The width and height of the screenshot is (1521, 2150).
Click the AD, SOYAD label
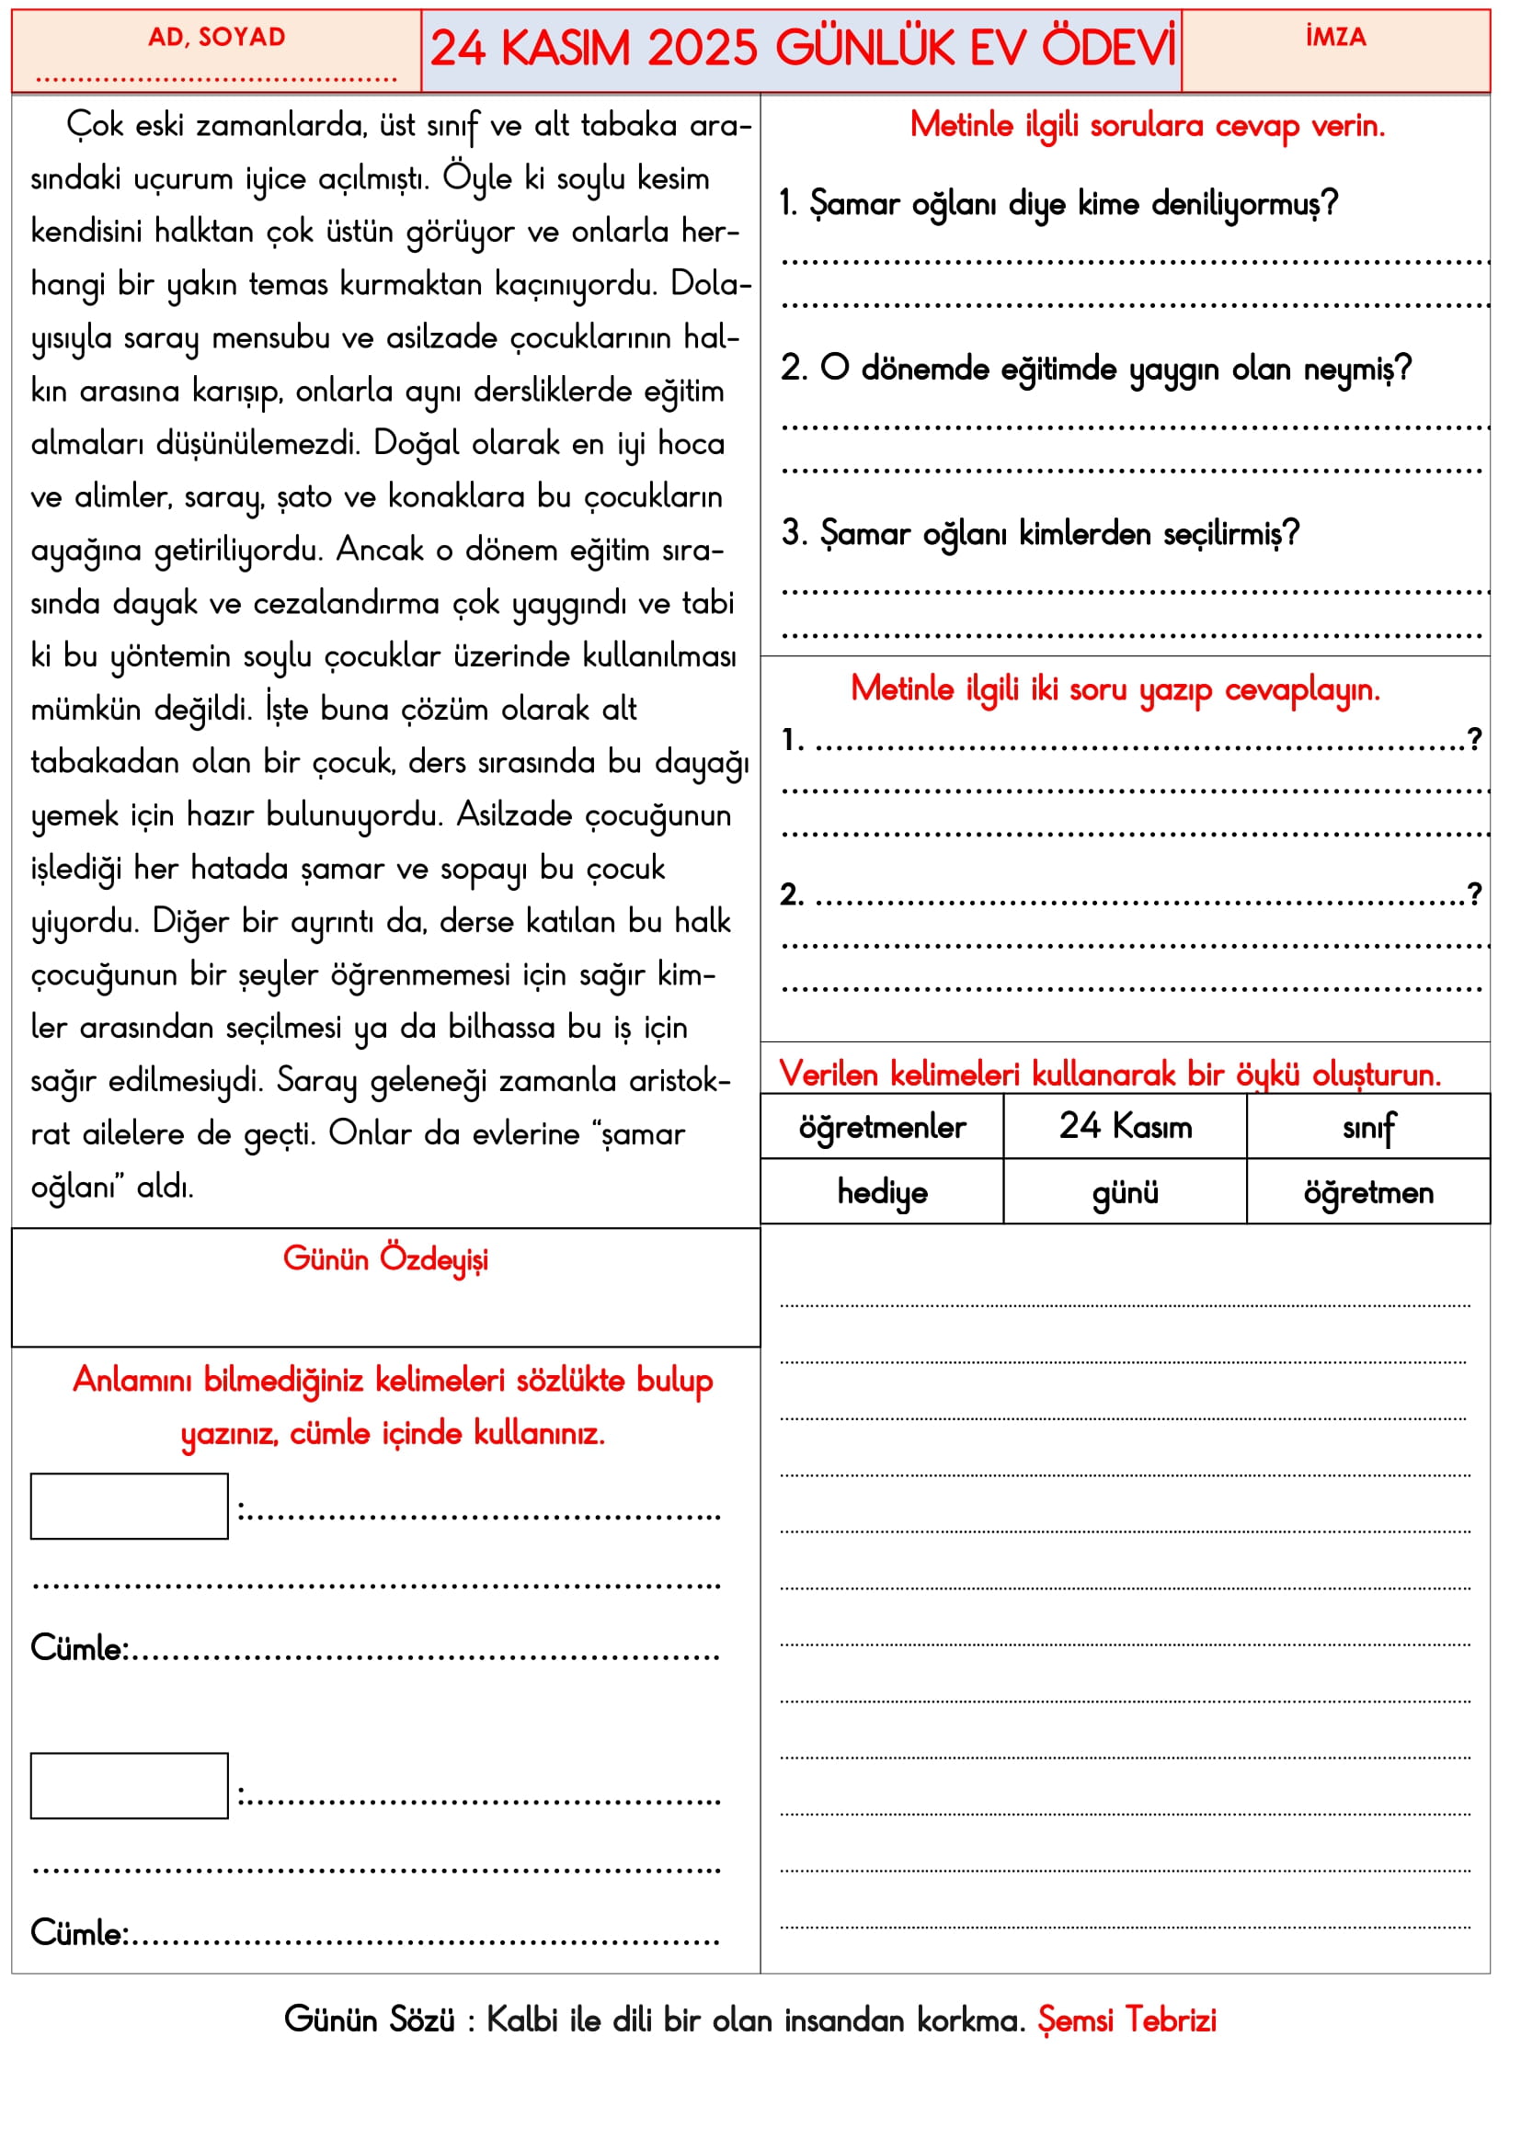click(216, 38)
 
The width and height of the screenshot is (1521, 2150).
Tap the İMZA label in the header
click(1335, 38)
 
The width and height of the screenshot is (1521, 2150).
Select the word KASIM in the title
click(566, 49)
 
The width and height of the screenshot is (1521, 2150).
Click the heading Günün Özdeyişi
click(385, 1259)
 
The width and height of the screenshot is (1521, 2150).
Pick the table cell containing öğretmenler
click(881, 1128)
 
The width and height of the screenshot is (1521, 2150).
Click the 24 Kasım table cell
click(1125, 1127)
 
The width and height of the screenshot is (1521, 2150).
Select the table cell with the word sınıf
click(1368, 1128)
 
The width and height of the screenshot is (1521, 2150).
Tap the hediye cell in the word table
click(881, 1193)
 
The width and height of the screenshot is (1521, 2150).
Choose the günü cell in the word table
click(1125, 1193)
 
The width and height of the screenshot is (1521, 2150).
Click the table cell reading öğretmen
click(1368, 1193)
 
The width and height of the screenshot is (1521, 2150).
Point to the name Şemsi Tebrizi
click(1126, 2019)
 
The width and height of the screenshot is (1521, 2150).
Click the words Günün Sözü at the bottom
click(369, 2019)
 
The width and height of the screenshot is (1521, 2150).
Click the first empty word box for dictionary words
click(130, 1507)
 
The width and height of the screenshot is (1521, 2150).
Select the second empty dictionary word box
click(130, 1786)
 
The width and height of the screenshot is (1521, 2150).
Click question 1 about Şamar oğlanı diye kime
click(1058, 204)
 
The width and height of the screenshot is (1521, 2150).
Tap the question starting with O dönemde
click(1096, 369)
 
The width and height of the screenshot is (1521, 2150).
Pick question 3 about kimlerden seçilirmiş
click(1041, 534)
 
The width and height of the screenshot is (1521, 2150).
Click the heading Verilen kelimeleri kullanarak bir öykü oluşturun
click(1109, 1074)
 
